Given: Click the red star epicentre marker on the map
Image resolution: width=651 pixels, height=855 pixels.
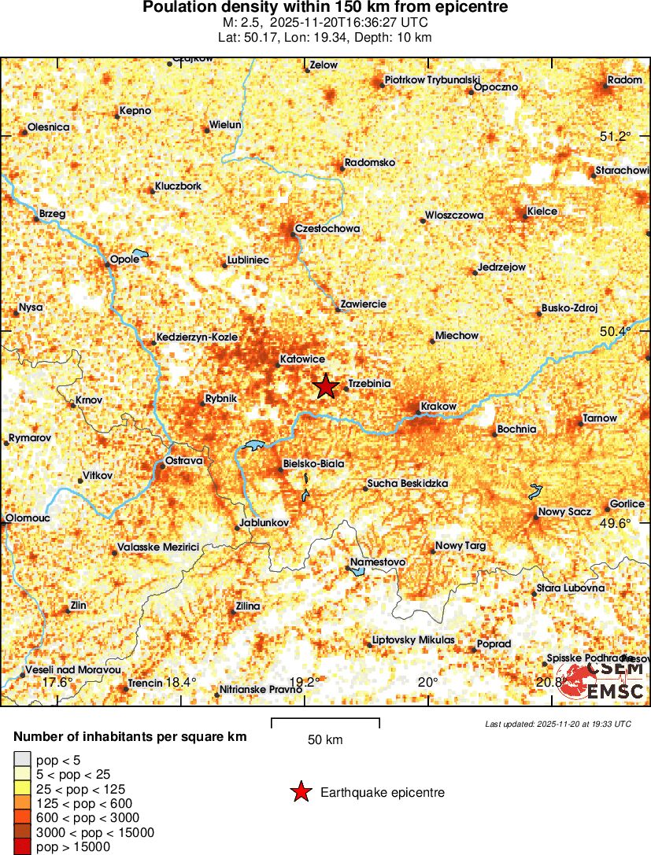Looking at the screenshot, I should [326, 386].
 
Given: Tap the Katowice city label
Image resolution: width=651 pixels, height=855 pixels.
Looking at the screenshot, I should [302, 359].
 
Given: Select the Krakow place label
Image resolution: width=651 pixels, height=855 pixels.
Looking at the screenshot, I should [438, 406].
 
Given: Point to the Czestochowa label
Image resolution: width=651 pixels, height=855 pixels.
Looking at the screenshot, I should [327, 229].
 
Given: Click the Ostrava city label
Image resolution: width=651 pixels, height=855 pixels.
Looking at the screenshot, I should [184, 460].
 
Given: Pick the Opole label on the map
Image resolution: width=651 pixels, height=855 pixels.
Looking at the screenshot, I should [124, 259].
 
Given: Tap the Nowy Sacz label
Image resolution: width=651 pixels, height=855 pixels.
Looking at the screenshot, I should [564, 512].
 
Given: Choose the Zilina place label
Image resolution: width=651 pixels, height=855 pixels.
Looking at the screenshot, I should [247, 606].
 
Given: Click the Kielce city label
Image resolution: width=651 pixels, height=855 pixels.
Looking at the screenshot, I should [542, 211].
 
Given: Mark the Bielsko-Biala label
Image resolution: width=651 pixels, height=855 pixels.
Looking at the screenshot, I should [313, 464].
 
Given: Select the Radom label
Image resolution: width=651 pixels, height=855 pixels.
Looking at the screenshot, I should [625, 79].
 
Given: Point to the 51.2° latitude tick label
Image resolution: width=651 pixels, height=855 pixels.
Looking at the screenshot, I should [615, 137].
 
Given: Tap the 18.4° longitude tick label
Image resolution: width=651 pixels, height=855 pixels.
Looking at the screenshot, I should [181, 682].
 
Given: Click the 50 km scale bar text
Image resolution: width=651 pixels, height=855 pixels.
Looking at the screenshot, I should [324, 740].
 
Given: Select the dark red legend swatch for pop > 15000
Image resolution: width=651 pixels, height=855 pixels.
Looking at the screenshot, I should [22, 847].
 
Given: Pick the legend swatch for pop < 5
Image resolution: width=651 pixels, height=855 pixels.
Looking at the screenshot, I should [22, 759].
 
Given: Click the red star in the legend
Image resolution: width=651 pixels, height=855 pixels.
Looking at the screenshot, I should [301, 792].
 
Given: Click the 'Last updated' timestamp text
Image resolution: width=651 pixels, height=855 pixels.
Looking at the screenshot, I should [557, 724].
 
